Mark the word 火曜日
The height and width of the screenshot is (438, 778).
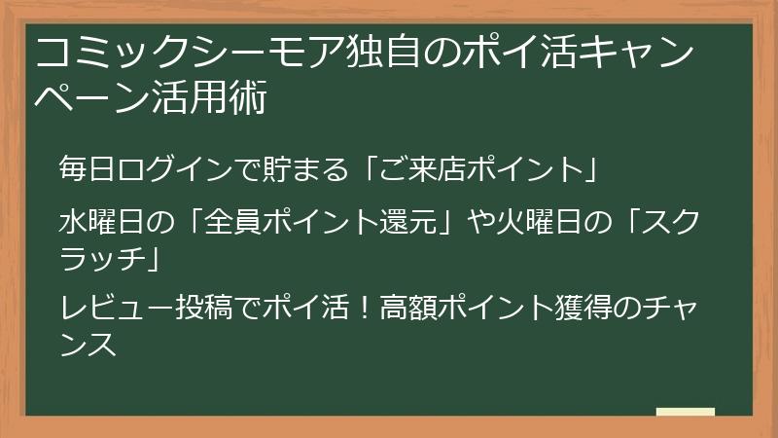[x=526, y=222]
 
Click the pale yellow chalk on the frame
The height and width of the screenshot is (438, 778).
[x=685, y=412]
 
